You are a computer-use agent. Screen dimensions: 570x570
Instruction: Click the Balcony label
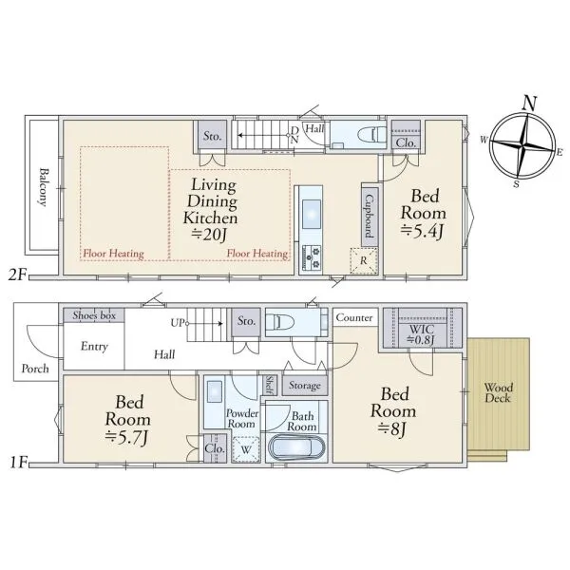click(44, 187)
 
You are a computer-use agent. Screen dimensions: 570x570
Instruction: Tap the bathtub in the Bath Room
click(295, 447)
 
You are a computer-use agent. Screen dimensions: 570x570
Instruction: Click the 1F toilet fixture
click(278, 322)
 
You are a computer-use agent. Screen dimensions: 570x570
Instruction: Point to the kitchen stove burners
click(312, 257)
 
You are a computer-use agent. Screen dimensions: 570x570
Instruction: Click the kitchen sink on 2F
click(312, 214)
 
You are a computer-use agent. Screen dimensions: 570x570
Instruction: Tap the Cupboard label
click(370, 216)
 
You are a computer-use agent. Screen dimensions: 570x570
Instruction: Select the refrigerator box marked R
click(364, 260)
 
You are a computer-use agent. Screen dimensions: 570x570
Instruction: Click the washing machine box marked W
click(246, 449)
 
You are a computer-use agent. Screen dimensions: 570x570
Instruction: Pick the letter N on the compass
click(529, 104)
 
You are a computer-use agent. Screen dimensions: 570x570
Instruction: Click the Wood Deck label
click(498, 393)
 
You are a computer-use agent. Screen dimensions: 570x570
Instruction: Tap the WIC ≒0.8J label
click(421, 334)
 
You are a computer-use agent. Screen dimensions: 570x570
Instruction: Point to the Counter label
click(354, 317)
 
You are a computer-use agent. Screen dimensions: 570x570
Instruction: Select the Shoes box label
click(94, 315)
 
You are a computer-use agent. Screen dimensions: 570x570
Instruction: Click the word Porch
click(35, 369)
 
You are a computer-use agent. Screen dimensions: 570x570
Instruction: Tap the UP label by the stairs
click(178, 322)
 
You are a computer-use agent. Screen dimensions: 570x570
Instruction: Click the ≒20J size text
click(210, 235)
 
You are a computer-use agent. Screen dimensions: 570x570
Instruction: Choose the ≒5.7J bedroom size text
click(127, 437)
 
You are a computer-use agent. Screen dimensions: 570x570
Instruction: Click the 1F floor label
click(18, 463)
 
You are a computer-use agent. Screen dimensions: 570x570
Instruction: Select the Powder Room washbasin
click(214, 391)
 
